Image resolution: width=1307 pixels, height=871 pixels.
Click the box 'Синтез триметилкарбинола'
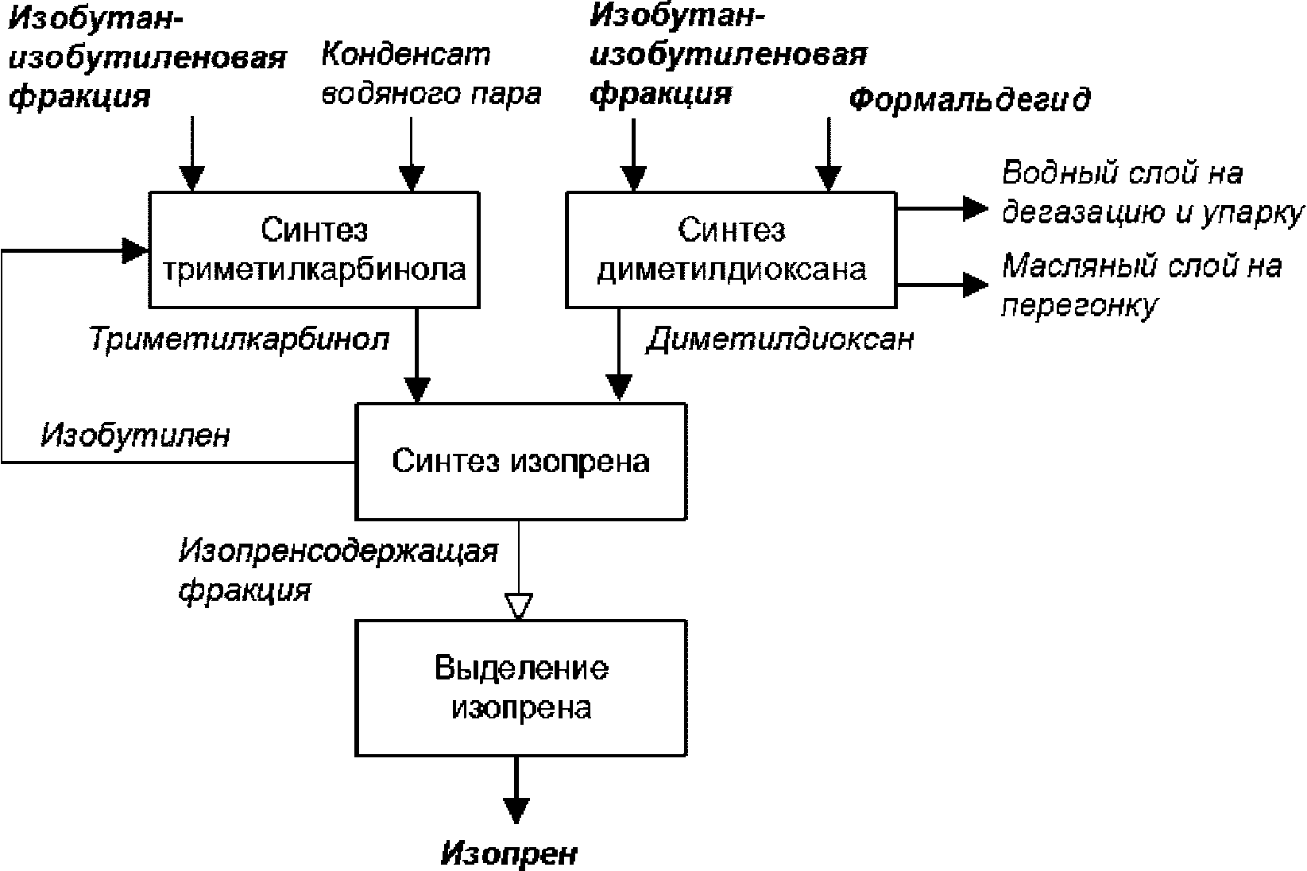(x=315, y=250)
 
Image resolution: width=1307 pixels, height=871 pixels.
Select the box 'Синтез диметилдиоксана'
(x=731, y=250)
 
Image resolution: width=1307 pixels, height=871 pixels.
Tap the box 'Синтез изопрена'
(x=521, y=461)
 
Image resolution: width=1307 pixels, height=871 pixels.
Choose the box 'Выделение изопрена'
(x=521, y=688)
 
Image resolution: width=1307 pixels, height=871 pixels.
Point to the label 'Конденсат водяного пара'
(x=431, y=74)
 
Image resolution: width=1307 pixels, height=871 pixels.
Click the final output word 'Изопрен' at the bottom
(x=508, y=854)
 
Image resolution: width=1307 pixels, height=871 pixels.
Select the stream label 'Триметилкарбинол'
(x=239, y=339)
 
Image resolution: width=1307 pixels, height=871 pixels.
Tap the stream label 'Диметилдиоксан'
(x=780, y=339)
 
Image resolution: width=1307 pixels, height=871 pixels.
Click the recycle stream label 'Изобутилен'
(x=135, y=435)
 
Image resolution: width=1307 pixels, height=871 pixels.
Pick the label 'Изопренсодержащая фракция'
(x=338, y=570)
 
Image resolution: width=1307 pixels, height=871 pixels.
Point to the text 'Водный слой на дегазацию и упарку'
(x=1152, y=192)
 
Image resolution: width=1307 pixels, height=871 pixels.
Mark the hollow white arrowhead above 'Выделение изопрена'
(x=519, y=606)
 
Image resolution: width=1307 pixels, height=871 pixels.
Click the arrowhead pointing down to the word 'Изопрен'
(x=516, y=811)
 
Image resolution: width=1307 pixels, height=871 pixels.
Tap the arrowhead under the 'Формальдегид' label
(x=829, y=179)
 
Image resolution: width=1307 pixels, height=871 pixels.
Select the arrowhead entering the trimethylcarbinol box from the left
(x=135, y=251)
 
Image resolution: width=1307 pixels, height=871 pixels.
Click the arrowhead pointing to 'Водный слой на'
(x=975, y=208)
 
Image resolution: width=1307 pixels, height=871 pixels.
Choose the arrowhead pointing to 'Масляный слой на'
(x=975, y=285)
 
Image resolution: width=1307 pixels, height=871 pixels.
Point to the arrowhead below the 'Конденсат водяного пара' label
(x=412, y=179)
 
